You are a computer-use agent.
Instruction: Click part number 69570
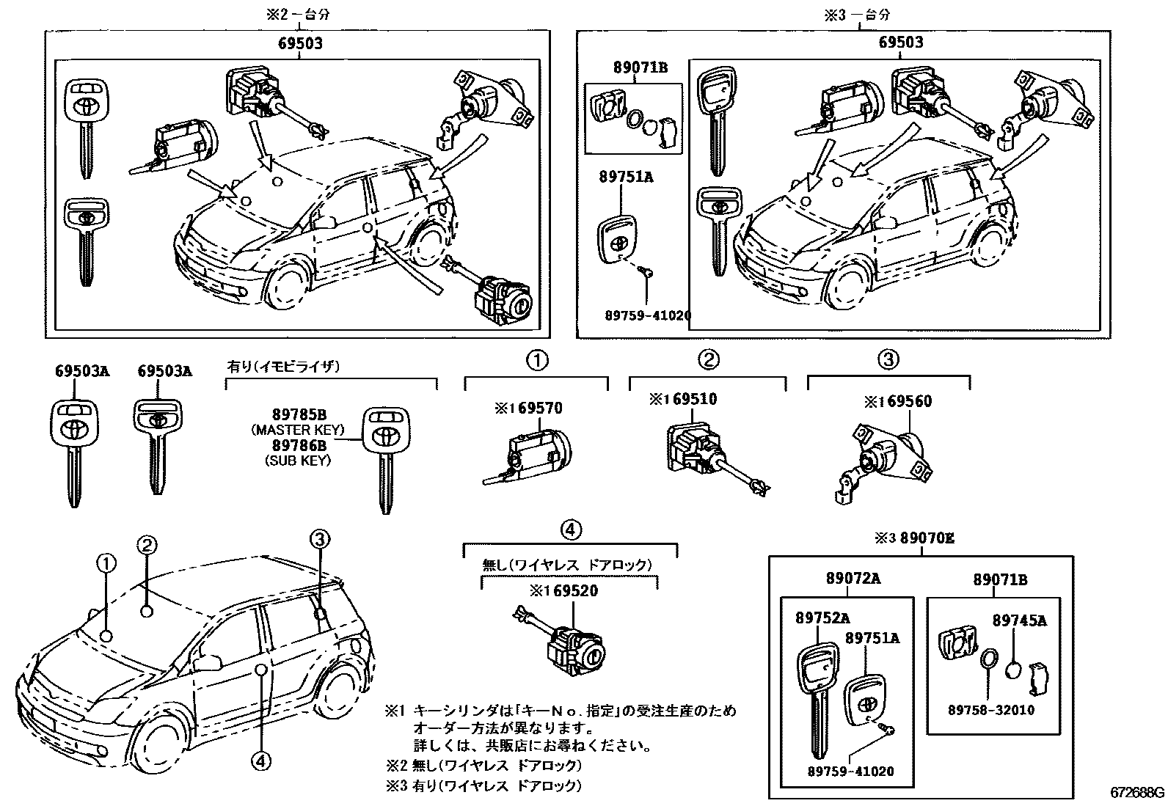click(539, 408)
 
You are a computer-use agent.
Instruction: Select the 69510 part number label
click(693, 400)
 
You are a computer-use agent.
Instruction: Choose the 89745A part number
click(1020, 620)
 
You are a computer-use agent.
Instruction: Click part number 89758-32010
click(991, 710)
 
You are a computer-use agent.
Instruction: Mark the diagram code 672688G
click(1136, 793)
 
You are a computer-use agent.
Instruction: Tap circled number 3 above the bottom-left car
click(319, 540)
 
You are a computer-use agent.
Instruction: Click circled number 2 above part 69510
click(708, 360)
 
